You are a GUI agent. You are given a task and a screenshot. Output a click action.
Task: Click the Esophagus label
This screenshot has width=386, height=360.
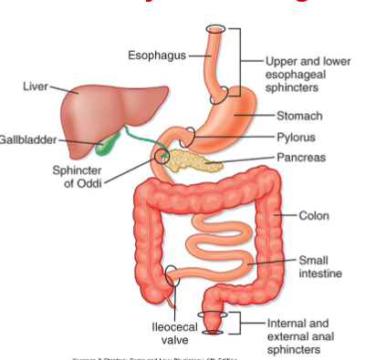(156, 56)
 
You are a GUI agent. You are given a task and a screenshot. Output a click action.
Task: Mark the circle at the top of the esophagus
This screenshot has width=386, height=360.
(216, 31)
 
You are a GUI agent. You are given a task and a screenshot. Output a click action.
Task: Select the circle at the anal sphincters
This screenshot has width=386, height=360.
(212, 322)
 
